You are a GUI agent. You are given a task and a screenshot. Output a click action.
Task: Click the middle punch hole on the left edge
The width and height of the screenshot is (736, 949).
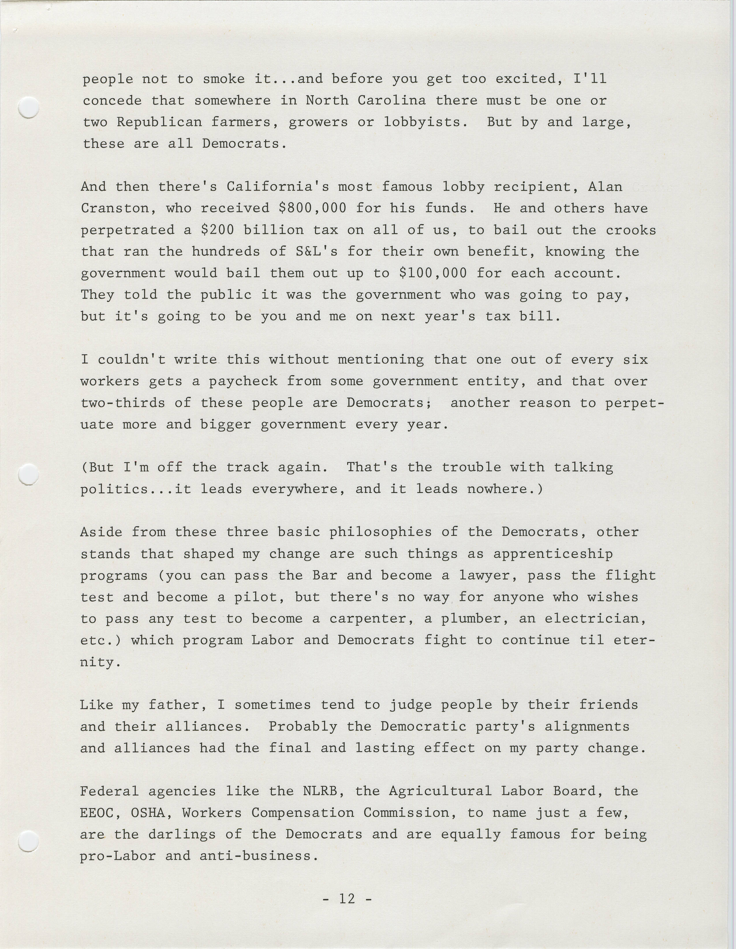click(x=29, y=474)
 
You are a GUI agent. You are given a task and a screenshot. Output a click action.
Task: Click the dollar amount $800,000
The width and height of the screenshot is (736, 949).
click(x=312, y=208)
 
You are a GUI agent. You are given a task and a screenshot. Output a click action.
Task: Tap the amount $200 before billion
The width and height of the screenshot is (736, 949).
click(x=218, y=230)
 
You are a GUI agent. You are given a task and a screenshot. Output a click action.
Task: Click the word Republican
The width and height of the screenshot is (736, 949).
click(x=159, y=122)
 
